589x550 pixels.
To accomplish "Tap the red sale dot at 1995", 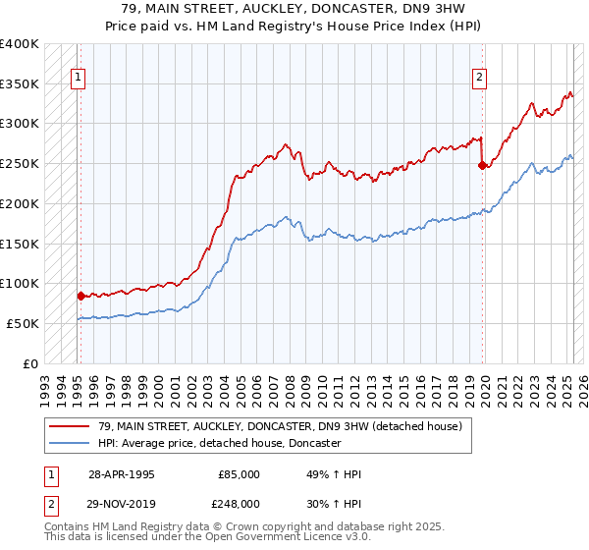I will pyautogui.click(x=80, y=295).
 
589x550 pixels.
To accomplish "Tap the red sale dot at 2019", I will pyautogui.click(x=482, y=165).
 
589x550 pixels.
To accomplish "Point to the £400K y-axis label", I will pyautogui.click(x=20, y=44).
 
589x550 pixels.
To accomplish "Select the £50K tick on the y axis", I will pyautogui.click(x=24, y=323).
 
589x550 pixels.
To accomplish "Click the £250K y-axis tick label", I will pyautogui.click(x=20, y=164).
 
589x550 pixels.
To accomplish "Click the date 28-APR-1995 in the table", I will pyautogui.click(x=122, y=474).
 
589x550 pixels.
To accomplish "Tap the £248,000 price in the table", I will pyautogui.click(x=240, y=503).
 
